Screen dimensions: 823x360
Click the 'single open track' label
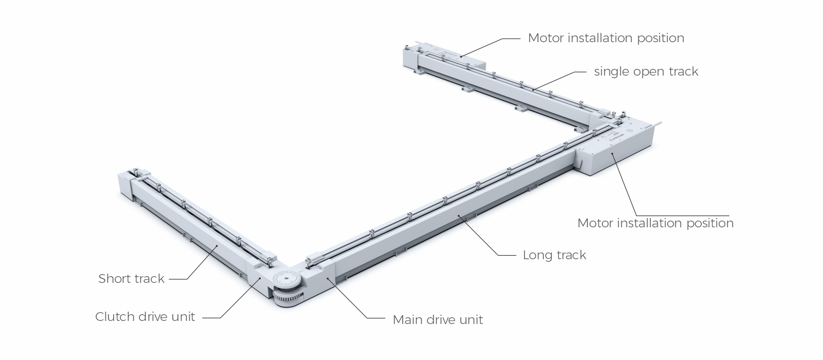click(646, 71)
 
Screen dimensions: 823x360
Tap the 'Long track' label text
click(554, 255)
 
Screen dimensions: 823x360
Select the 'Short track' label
click(131, 279)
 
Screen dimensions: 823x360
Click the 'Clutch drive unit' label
click(145, 317)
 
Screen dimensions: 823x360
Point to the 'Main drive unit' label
click(438, 320)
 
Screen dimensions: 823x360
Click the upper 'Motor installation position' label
click(606, 38)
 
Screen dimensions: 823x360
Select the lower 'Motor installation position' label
click(655, 223)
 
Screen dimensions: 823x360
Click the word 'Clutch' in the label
click(113, 317)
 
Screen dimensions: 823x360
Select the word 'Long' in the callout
click(535, 255)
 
